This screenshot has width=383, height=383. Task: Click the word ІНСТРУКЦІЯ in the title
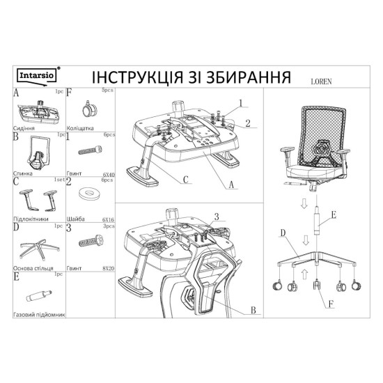[x=115, y=75]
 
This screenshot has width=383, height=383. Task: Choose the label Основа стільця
[x=32, y=267]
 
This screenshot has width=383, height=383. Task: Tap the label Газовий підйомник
[x=38, y=315]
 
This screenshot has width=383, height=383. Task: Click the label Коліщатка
[x=84, y=129]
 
